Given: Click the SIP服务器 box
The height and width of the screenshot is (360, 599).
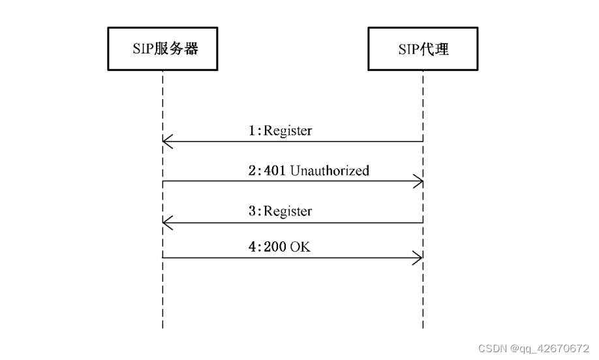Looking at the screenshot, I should click(x=162, y=50).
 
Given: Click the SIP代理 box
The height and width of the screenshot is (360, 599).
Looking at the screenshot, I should click(x=423, y=50).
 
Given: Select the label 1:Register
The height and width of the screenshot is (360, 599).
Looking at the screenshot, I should click(x=280, y=131).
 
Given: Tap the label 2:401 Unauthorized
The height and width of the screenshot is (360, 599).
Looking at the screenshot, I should click(x=309, y=171).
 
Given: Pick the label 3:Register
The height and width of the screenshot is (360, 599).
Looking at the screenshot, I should click(x=280, y=211).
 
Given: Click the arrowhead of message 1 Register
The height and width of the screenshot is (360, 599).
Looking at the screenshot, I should click(x=167, y=141).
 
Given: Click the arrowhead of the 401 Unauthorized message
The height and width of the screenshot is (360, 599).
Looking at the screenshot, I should click(x=418, y=181).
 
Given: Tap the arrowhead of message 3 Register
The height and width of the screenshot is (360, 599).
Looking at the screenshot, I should click(x=167, y=222).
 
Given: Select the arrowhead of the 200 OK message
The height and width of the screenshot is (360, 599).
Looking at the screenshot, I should click(x=418, y=258).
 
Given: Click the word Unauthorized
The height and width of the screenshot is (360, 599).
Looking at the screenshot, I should click(x=330, y=171).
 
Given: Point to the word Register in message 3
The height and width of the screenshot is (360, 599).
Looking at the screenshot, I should click(x=287, y=211).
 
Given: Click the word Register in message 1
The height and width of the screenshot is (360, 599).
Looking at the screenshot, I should click(x=287, y=131).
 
